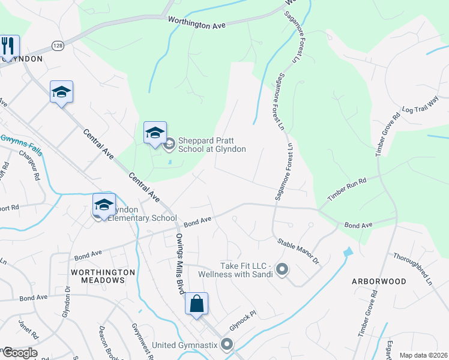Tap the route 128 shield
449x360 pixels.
point(58,46)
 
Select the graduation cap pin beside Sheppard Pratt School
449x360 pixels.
point(155,133)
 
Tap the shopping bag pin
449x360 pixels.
point(196,304)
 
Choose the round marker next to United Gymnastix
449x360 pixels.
point(227,344)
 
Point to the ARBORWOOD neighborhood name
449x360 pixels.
point(379,281)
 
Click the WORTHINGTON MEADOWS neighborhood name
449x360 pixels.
point(103,277)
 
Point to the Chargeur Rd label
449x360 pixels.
point(31,163)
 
